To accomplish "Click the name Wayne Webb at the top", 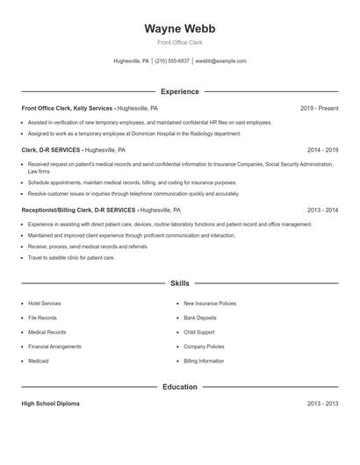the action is coord(179,28).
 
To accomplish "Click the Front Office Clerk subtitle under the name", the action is coord(179,42).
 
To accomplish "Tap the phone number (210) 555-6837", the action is coord(172,61).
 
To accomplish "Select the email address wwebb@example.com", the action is coord(220,61).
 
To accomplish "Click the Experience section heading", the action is coord(179,91).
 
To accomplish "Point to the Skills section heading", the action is coord(179,284).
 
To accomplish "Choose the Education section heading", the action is coord(179,387).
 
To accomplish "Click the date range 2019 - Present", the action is coord(319,108).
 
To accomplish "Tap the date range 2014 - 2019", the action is coord(322,150).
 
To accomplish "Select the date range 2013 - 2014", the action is coord(322,211).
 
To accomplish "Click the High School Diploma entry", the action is coord(50,404).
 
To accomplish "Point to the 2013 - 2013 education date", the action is coord(322,404).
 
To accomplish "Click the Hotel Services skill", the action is coord(44,304).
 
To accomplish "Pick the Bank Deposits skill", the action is coord(199,318).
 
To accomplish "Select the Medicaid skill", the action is coord(38,361).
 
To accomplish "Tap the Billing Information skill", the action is coord(204,361).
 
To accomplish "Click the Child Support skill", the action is coord(199,333).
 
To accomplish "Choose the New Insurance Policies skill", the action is coord(209,304).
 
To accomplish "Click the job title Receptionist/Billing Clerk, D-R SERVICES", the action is coord(78,211).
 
